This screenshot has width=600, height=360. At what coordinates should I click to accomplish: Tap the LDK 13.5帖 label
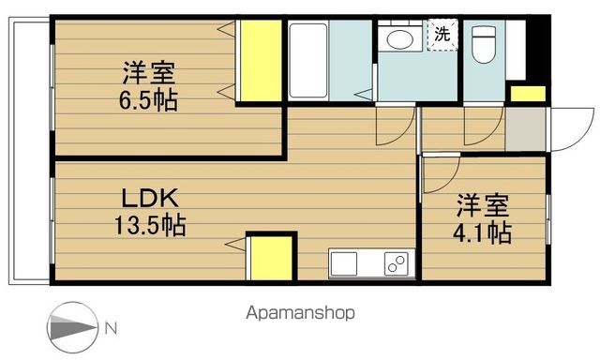click(x=150, y=212)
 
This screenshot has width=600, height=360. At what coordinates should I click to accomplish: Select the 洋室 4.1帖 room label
click(x=484, y=217)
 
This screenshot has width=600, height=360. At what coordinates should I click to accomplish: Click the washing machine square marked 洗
click(x=441, y=36)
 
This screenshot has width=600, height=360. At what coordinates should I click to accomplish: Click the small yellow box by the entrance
click(x=527, y=93)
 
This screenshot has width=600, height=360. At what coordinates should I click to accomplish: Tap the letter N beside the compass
click(x=111, y=328)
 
